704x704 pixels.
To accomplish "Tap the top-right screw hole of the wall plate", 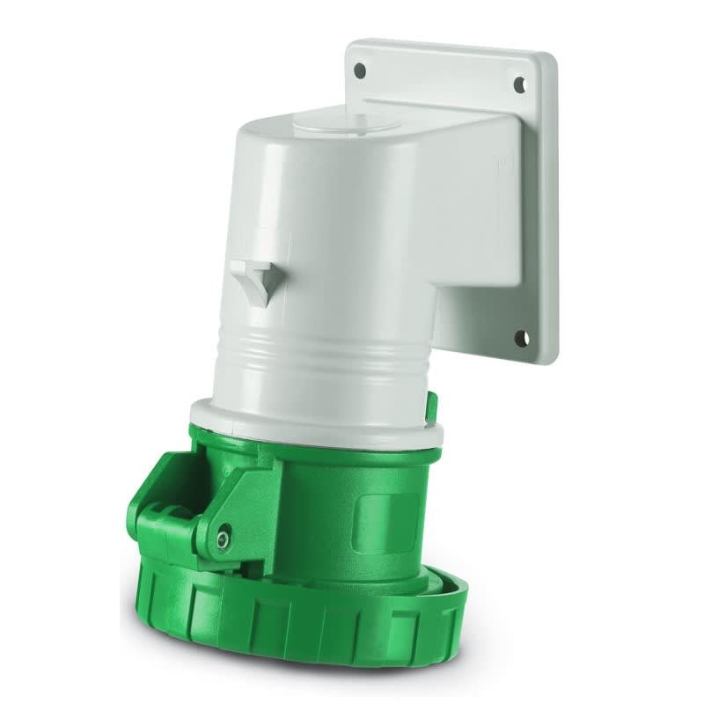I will point(518,84).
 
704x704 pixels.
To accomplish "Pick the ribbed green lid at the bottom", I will point(290,616).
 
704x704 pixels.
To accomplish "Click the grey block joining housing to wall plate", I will point(466,264).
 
